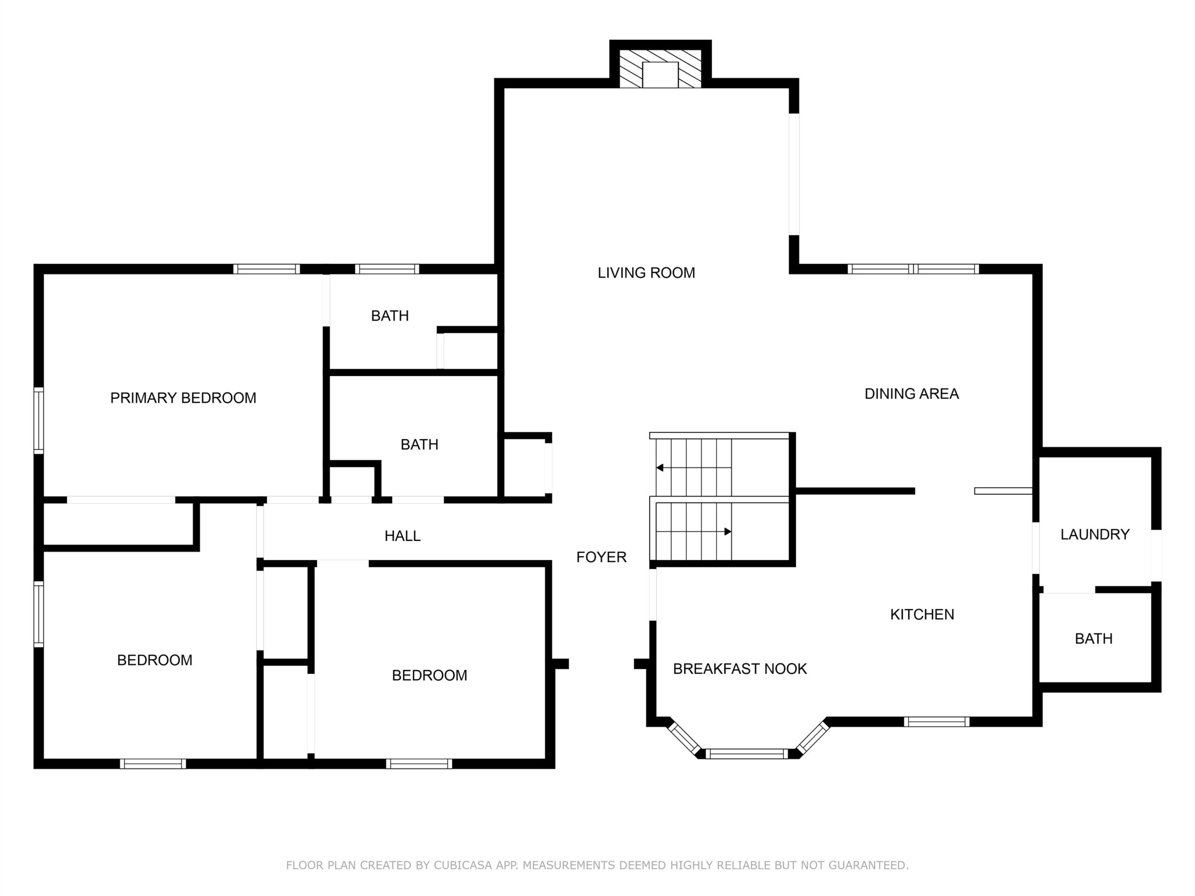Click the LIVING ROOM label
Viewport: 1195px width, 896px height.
click(x=646, y=273)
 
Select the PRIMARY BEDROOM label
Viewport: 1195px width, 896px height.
click(x=183, y=398)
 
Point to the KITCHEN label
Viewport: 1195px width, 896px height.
click(x=922, y=614)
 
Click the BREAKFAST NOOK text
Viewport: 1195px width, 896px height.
click(x=739, y=669)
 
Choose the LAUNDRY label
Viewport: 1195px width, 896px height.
click(x=1095, y=534)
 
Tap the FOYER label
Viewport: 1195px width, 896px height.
click(x=601, y=557)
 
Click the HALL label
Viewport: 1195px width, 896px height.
click(x=402, y=536)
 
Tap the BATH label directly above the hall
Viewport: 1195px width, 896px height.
click(x=419, y=444)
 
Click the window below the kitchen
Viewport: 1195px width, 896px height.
click(x=937, y=721)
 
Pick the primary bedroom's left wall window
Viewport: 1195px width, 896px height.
click(x=38, y=420)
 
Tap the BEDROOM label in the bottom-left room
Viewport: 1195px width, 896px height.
click(x=155, y=660)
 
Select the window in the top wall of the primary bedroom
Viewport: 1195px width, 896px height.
click(x=267, y=269)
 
